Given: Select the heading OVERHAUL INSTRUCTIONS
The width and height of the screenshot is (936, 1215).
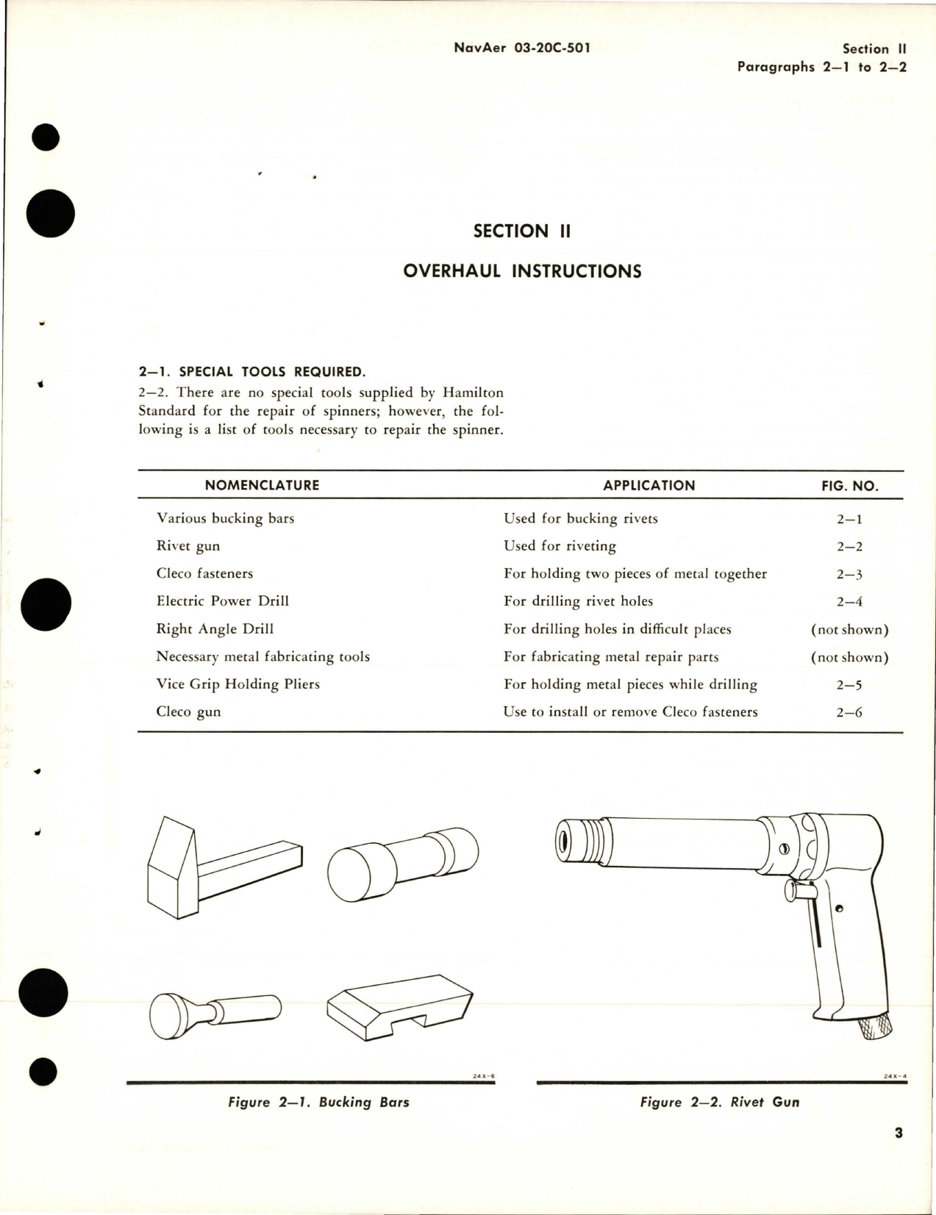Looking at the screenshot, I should pos(522,271).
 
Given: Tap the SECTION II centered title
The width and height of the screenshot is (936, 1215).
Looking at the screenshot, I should pos(521,231).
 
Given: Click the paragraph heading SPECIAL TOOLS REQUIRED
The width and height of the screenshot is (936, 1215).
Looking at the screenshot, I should pos(251,372).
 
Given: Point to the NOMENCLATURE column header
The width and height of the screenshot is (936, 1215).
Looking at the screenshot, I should pos(262,485).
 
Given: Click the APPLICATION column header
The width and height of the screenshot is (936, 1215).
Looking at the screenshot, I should pos(649,485).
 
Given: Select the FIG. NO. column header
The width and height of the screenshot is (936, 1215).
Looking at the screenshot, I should pos(849,486).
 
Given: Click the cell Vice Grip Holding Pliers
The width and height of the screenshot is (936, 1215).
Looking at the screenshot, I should pos(237,684).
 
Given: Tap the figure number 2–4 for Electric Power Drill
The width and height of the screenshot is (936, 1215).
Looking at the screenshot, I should pos(849,602).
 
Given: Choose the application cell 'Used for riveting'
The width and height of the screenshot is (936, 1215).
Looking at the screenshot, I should pos(560,546).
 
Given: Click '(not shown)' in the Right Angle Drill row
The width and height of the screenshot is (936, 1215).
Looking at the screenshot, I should pos(849,629).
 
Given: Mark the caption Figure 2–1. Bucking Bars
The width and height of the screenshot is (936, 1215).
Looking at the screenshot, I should pos(318,1102).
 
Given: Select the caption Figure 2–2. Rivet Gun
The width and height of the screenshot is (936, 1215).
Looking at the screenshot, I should pos(719,1102).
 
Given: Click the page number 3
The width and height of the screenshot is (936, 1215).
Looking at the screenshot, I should pos(899,1133).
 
